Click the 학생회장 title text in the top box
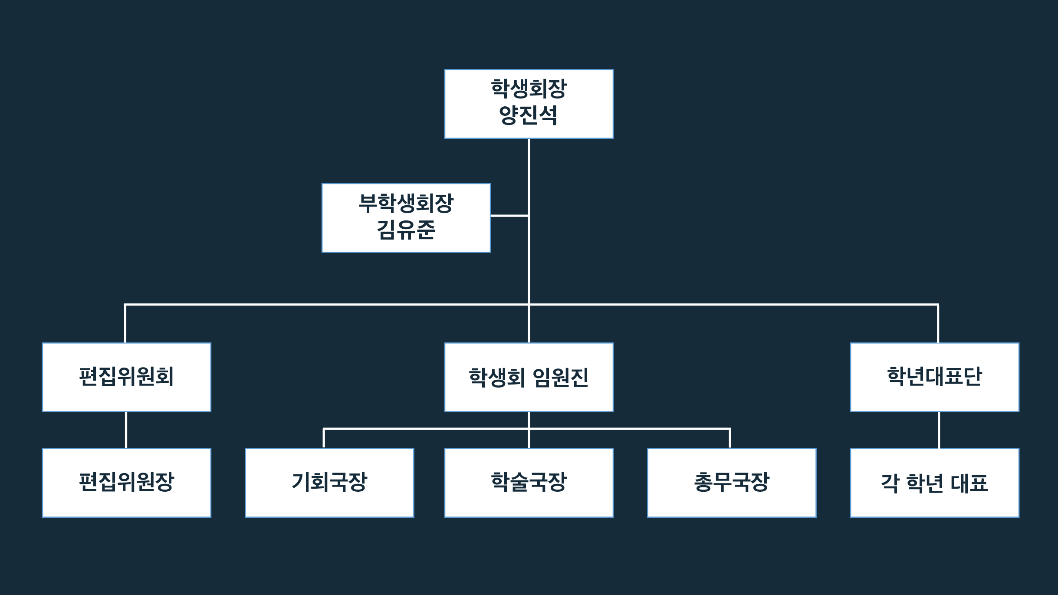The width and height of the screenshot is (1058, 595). point(529,89)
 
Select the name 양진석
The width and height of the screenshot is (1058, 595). point(528,115)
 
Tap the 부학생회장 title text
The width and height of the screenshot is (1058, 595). point(406,203)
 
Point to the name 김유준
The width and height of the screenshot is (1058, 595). point(406,230)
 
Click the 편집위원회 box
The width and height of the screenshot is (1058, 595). point(126,377)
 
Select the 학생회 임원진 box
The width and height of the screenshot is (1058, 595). point(529,377)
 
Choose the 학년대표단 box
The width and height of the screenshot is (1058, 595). point(934,377)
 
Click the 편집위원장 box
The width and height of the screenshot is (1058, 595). point(126,482)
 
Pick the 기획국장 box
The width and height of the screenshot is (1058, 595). point(329,482)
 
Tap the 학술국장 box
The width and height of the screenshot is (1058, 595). point(529,482)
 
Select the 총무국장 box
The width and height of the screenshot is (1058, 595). point(732,482)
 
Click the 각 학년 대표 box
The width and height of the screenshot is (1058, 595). point(934,482)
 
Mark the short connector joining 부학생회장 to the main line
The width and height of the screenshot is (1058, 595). point(509,215)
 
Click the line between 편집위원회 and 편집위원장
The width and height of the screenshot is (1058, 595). point(126,430)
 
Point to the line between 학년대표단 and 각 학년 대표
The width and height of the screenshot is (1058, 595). point(939,430)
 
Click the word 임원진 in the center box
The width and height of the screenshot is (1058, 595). point(560,377)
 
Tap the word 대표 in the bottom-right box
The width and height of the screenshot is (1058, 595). point(969,483)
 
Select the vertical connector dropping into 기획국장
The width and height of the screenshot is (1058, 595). point(324,438)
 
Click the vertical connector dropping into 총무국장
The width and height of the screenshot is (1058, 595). point(730,438)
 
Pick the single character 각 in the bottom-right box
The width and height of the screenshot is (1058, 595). point(890,483)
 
